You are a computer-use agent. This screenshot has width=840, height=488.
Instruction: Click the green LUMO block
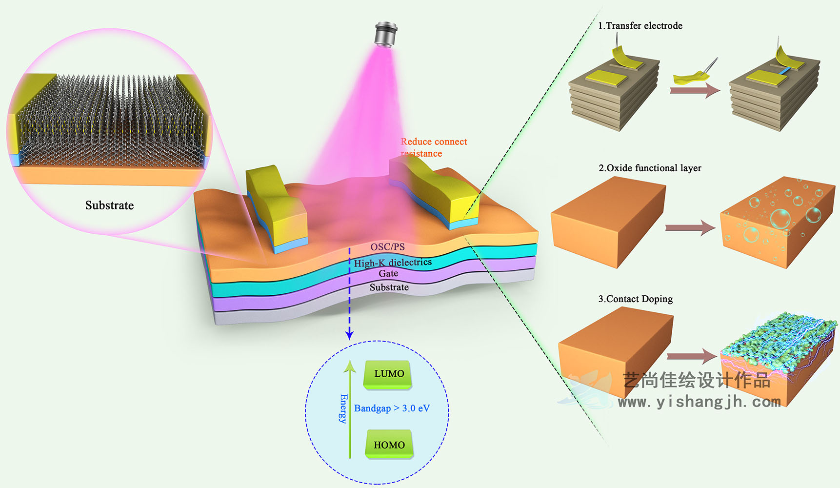click(388, 374)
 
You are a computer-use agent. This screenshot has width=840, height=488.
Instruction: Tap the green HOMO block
click(389, 444)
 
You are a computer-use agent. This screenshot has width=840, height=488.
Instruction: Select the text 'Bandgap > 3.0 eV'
click(392, 408)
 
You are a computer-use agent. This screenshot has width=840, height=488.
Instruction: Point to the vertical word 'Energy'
click(343, 408)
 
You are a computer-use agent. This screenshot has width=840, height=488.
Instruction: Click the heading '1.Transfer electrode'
click(640, 26)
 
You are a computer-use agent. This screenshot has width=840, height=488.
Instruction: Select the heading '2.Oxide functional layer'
click(650, 168)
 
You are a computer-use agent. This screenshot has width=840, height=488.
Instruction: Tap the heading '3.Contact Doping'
click(636, 299)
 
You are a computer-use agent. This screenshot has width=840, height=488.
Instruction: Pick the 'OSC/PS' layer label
click(387, 247)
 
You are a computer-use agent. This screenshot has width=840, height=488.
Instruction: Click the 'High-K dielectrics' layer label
click(393, 263)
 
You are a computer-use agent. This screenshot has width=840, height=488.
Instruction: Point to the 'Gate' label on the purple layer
click(388, 274)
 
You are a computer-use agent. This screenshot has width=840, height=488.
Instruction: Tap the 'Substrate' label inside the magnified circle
click(109, 205)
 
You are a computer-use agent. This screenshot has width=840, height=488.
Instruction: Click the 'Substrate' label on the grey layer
click(389, 287)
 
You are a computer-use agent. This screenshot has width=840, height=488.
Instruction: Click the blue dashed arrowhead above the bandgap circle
click(349, 335)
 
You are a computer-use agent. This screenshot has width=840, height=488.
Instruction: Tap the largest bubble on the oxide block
click(780, 219)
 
